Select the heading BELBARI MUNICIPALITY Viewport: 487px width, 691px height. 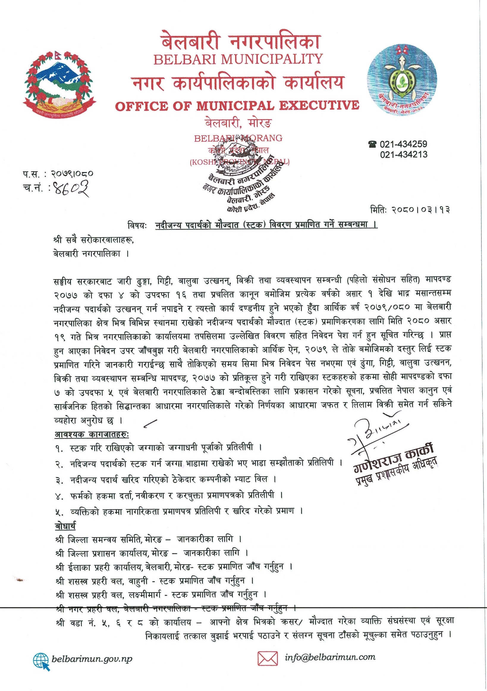[x=238, y=59]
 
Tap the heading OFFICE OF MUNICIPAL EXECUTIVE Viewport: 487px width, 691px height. [x=237, y=106]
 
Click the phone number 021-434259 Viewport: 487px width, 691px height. [x=403, y=144]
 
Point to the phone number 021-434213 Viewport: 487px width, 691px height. [x=403, y=155]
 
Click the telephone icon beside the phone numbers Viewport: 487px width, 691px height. [x=373, y=144]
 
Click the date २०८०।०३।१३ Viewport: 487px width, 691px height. [x=421, y=210]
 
